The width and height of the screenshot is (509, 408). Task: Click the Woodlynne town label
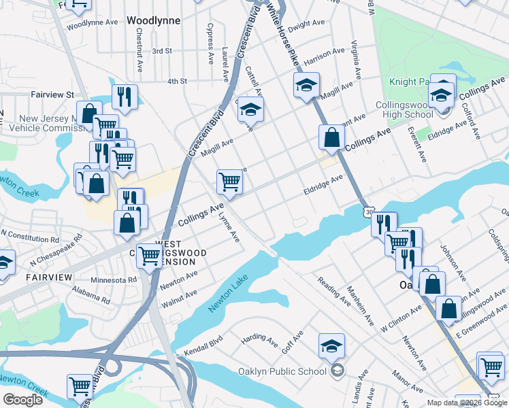(x=154, y=21)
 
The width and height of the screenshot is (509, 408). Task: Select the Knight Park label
(x=407, y=82)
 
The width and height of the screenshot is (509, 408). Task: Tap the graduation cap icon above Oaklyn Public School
(x=331, y=347)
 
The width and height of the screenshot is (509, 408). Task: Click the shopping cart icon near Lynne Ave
(x=230, y=182)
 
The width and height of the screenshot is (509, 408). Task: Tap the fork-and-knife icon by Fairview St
(x=125, y=97)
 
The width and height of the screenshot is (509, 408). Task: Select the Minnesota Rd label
(x=115, y=279)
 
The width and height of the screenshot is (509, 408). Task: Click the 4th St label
(x=177, y=82)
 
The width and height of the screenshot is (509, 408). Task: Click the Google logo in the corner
(x=22, y=400)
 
